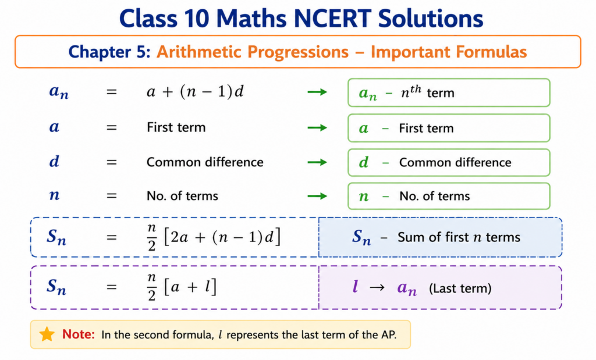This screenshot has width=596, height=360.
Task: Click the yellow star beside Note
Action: click(47, 334)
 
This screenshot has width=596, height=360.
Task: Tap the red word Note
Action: click(79, 334)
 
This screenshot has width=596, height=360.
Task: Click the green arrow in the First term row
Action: click(317, 127)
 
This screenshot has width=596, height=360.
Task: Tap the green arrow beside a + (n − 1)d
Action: click(317, 92)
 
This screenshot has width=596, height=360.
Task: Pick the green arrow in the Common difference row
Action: click(317, 162)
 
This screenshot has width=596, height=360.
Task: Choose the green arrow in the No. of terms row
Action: click(317, 196)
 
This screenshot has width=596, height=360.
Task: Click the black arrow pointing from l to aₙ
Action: click(377, 287)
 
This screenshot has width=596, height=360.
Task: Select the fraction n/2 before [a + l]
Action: click(152, 287)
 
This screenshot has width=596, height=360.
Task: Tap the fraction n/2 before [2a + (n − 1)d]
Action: click(152, 237)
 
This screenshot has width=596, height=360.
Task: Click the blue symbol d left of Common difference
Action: click(54, 162)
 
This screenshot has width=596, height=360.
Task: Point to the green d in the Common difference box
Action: click(364, 162)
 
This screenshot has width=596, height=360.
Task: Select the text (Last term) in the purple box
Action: click(460, 288)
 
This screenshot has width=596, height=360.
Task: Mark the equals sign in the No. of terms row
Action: click(111, 196)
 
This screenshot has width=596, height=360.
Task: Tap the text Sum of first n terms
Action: click(459, 237)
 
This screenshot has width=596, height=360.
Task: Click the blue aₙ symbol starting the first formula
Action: click(59, 92)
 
